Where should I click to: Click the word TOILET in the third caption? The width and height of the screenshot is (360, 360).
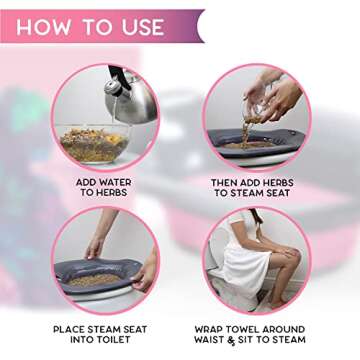pos(111,339)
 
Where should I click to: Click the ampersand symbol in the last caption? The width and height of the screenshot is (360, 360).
pos(249,339)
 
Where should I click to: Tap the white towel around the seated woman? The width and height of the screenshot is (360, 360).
pos(245,265)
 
